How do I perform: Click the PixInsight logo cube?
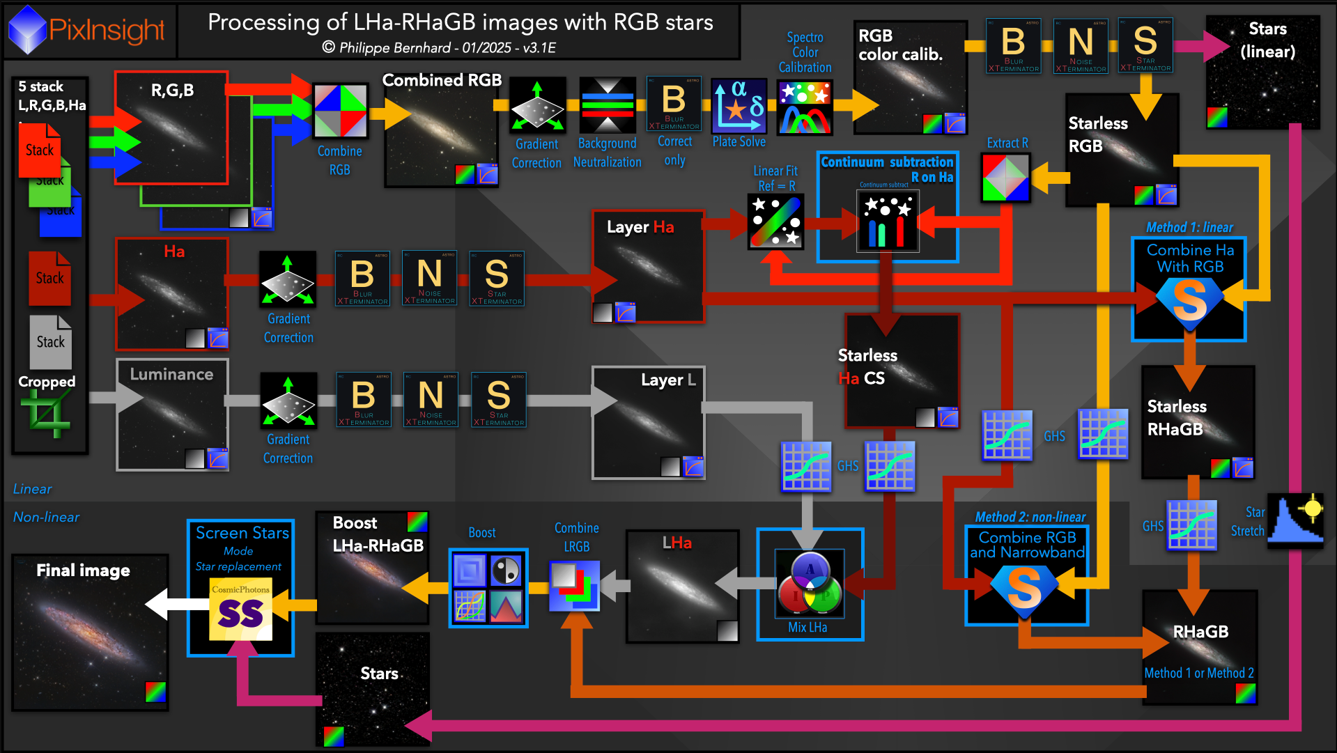[28, 29]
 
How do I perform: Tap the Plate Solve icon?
[739, 107]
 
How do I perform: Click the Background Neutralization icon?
[608, 105]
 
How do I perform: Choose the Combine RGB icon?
[340, 111]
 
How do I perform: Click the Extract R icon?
[1005, 177]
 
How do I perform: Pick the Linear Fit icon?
[775, 222]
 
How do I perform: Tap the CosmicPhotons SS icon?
[240, 609]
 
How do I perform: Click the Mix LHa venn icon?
[810, 584]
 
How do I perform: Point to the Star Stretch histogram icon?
[1295, 519]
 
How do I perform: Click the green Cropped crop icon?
[46, 414]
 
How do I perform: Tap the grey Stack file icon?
[51, 341]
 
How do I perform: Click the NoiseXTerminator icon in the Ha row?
[429, 278]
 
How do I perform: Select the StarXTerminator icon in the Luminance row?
[498, 399]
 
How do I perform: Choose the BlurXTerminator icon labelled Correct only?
[674, 104]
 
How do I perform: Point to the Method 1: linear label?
[1189, 228]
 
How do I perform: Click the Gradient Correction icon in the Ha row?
[288, 280]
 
